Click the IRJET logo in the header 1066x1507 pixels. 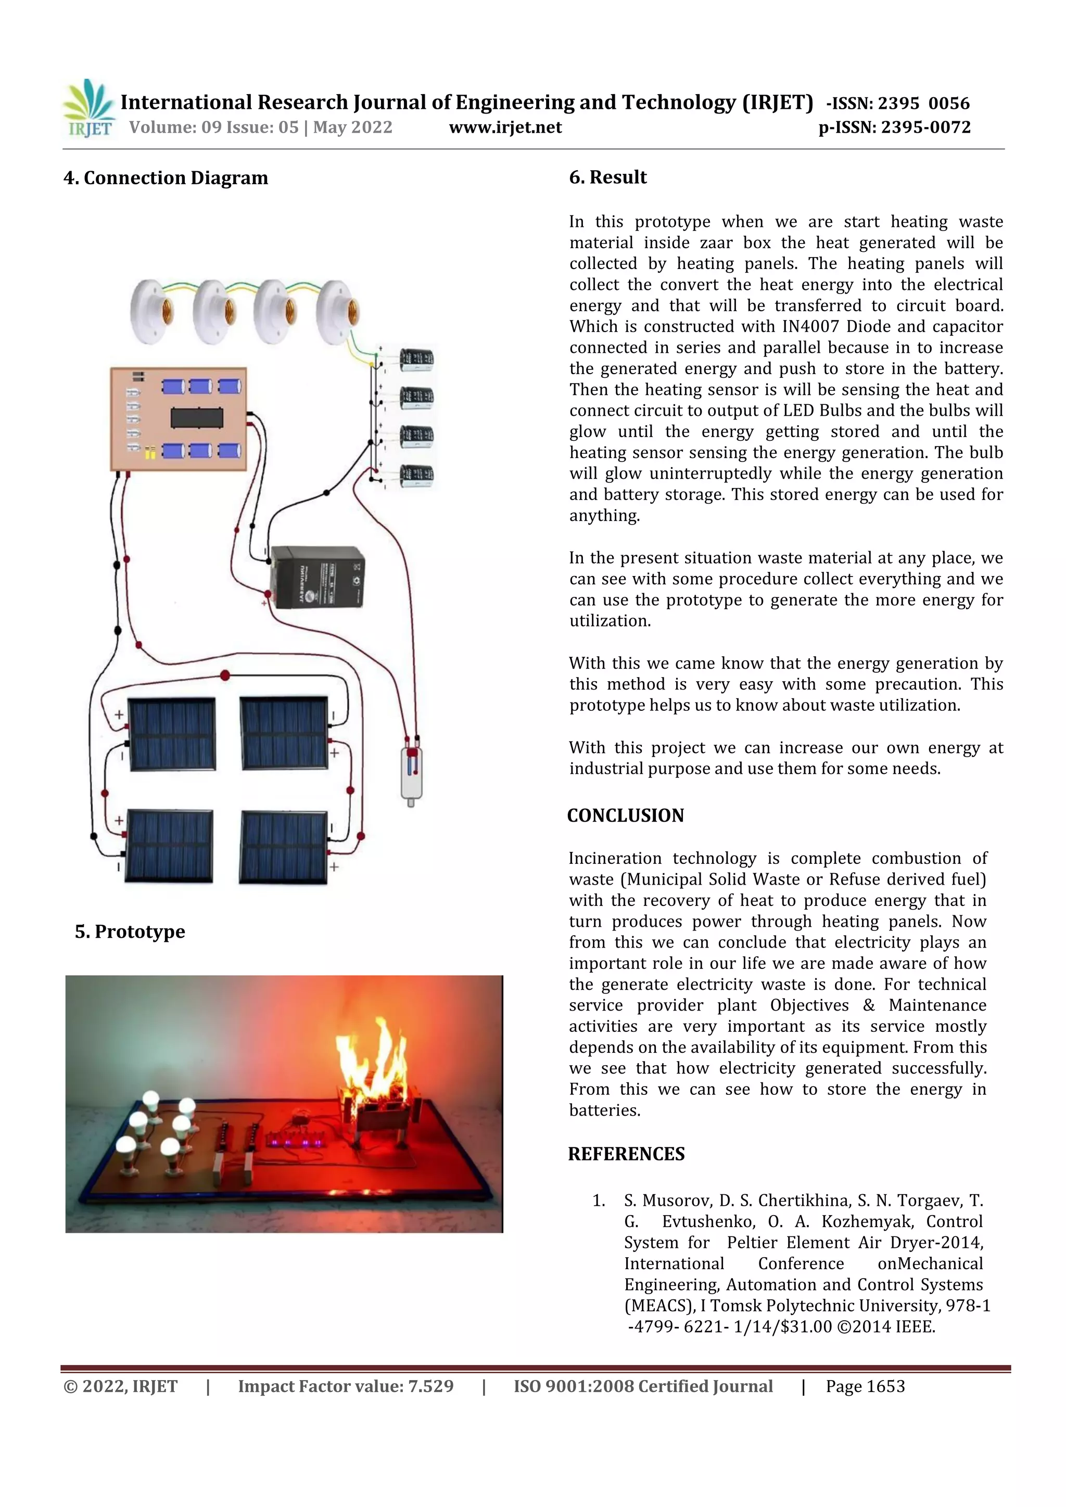(x=88, y=108)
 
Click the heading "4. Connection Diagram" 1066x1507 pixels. (x=166, y=178)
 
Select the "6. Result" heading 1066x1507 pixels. (x=608, y=177)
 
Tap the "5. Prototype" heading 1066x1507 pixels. (x=130, y=931)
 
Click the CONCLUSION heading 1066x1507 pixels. (x=626, y=815)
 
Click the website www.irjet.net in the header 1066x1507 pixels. (x=505, y=127)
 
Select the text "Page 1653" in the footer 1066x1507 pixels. (x=865, y=1386)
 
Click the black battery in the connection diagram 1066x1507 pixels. (x=318, y=578)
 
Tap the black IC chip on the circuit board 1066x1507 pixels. (x=197, y=417)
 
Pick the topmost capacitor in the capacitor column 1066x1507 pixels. (x=417, y=360)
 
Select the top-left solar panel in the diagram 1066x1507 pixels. (x=171, y=733)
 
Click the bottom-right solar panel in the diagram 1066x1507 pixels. (x=284, y=847)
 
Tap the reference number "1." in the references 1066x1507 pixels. (x=598, y=1201)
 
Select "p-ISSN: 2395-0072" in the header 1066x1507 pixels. (x=894, y=127)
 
